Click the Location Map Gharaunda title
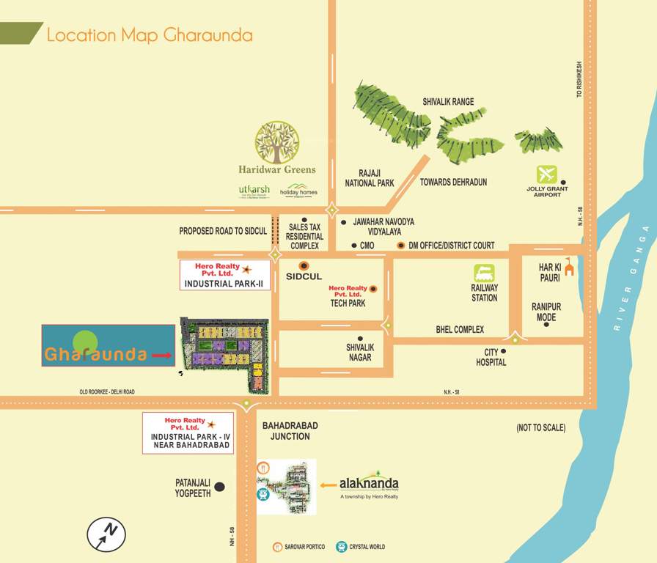(150, 35)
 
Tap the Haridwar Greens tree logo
(276, 142)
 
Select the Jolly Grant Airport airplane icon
(546, 174)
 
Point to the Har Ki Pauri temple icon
(569, 270)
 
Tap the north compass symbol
(106, 534)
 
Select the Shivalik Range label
(448, 102)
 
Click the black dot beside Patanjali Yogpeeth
(219, 487)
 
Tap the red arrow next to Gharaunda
(161, 355)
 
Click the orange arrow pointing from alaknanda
(327, 485)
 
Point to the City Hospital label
(491, 357)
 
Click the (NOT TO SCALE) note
(540, 427)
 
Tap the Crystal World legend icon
(341, 547)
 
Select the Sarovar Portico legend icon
(278, 547)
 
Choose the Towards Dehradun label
(453, 183)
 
